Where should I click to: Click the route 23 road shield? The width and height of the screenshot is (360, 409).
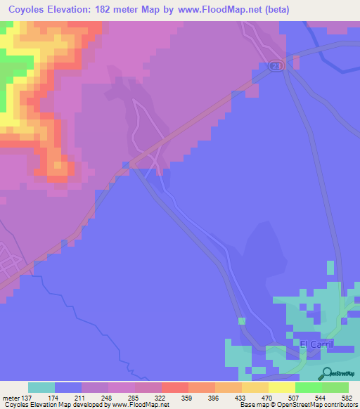275,65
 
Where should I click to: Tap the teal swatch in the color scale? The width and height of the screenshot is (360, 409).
41,387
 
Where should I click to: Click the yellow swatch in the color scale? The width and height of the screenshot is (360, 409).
281,387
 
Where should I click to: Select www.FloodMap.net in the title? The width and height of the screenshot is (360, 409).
215,8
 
